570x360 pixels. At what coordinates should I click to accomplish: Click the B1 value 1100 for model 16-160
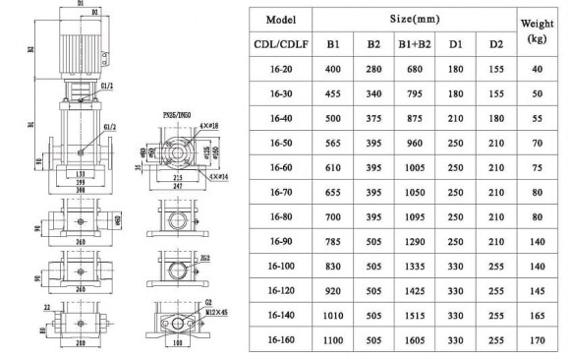pyautogui.click(x=334, y=339)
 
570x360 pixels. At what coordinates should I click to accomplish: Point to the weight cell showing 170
pyautogui.click(x=539, y=339)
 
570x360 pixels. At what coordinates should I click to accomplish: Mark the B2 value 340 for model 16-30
pyautogui.click(x=374, y=94)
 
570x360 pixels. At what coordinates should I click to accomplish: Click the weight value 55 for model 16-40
pyautogui.click(x=539, y=119)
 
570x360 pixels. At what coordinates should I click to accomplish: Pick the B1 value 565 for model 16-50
pyautogui.click(x=334, y=144)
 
